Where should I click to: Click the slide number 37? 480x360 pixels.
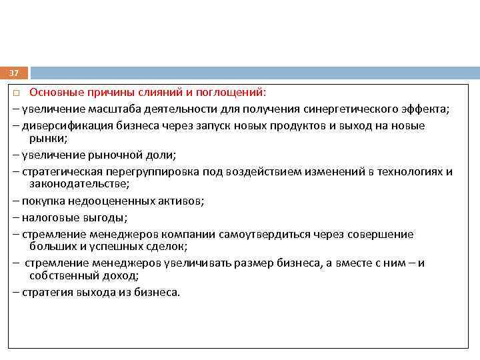[x=14, y=73]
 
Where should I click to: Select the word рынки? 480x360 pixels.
[x=46, y=138]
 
